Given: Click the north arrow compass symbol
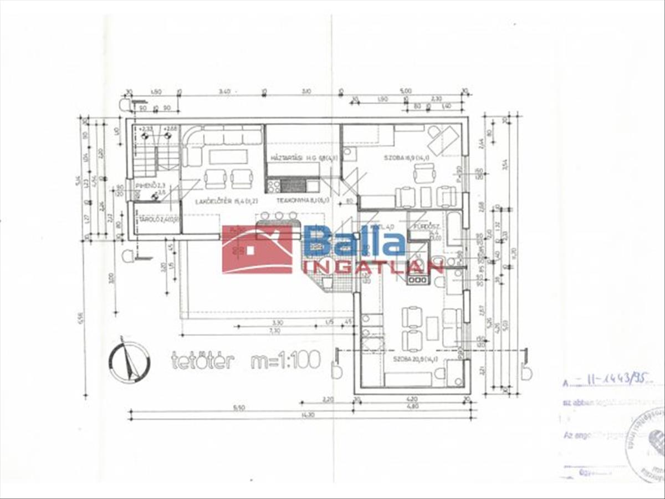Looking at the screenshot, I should (x=129, y=363).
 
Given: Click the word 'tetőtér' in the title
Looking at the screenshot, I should (x=203, y=360).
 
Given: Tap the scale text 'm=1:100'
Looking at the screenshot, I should (x=285, y=360).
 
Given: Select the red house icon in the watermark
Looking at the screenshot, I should (x=257, y=249).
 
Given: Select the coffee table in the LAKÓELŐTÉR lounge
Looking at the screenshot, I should (x=228, y=157).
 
